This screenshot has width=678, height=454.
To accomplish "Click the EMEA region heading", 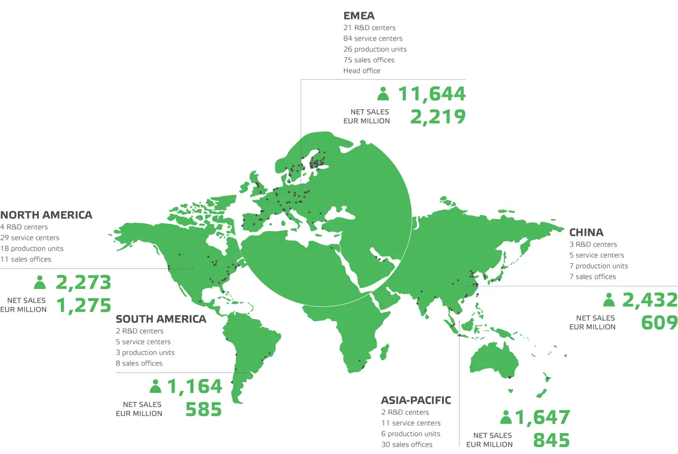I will [x=359, y=16].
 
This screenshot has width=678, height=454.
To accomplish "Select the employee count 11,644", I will [x=432, y=94].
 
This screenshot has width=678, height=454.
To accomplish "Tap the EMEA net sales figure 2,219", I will [x=438, y=117].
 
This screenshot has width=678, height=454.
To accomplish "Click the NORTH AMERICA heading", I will [x=46, y=214].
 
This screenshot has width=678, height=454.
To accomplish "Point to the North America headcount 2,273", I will [x=83, y=282].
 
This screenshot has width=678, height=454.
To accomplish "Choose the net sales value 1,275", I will [x=84, y=305].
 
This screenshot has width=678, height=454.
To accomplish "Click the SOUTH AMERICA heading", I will [x=161, y=319].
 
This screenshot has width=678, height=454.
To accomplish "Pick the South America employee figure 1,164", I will [x=194, y=386].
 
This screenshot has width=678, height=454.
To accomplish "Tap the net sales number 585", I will [x=203, y=409].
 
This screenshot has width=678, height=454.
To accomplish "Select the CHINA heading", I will [x=586, y=232].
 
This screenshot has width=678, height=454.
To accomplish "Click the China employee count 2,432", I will [x=650, y=300].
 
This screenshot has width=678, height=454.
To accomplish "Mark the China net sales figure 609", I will [x=660, y=323].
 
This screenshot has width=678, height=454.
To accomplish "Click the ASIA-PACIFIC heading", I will [x=416, y=400].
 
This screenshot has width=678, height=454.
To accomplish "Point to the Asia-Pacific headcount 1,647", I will [x=542, y=418].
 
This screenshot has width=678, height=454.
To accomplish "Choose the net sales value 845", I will [x=551, y=440].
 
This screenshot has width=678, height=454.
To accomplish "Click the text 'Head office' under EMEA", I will [x=362, y=70].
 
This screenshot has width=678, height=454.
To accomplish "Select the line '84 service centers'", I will [x=373, y=38].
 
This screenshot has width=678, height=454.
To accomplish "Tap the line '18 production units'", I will [x=32, y=249].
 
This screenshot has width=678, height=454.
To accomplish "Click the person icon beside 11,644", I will [x=383, y=94].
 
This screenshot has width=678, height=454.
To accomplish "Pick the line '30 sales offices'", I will [x=407, y=445].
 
